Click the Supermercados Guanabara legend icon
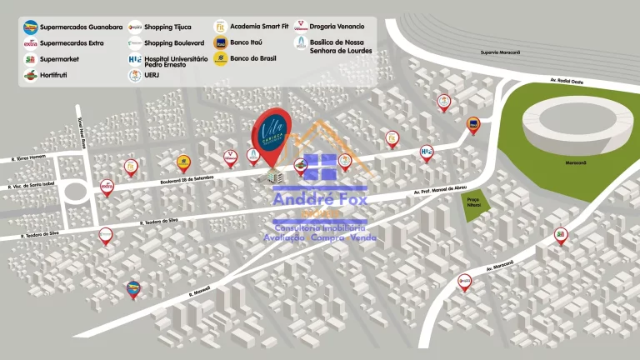(x=30, y=26)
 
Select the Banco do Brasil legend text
(x=253, y=58)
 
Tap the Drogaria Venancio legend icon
(x=301, y=26)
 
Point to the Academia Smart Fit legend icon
(x=220, y=26)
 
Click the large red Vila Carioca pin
(x=272, y=133)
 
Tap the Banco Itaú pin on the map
(x=472, y=125)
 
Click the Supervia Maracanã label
(x=500, y=52)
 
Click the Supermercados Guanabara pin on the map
(x=133, y=288)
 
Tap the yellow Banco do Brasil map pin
(x=183, y=162)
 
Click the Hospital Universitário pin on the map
(x=427, y=152)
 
